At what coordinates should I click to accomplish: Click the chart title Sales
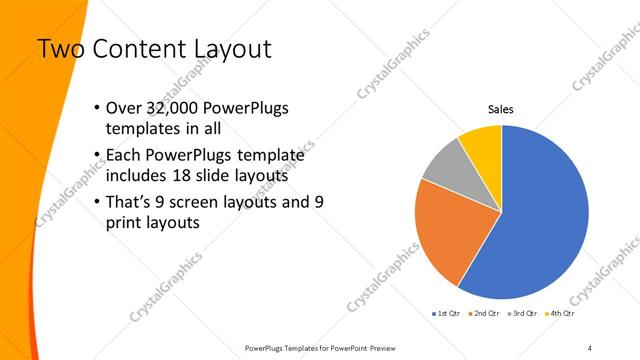point(501,109)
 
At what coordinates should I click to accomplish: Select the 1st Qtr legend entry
point(445,313)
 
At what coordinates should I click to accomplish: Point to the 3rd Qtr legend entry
point(523,313)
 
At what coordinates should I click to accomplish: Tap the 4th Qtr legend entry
point(561,313)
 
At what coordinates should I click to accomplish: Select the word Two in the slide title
point(56,48)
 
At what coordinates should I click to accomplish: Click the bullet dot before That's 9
point(95,203)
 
